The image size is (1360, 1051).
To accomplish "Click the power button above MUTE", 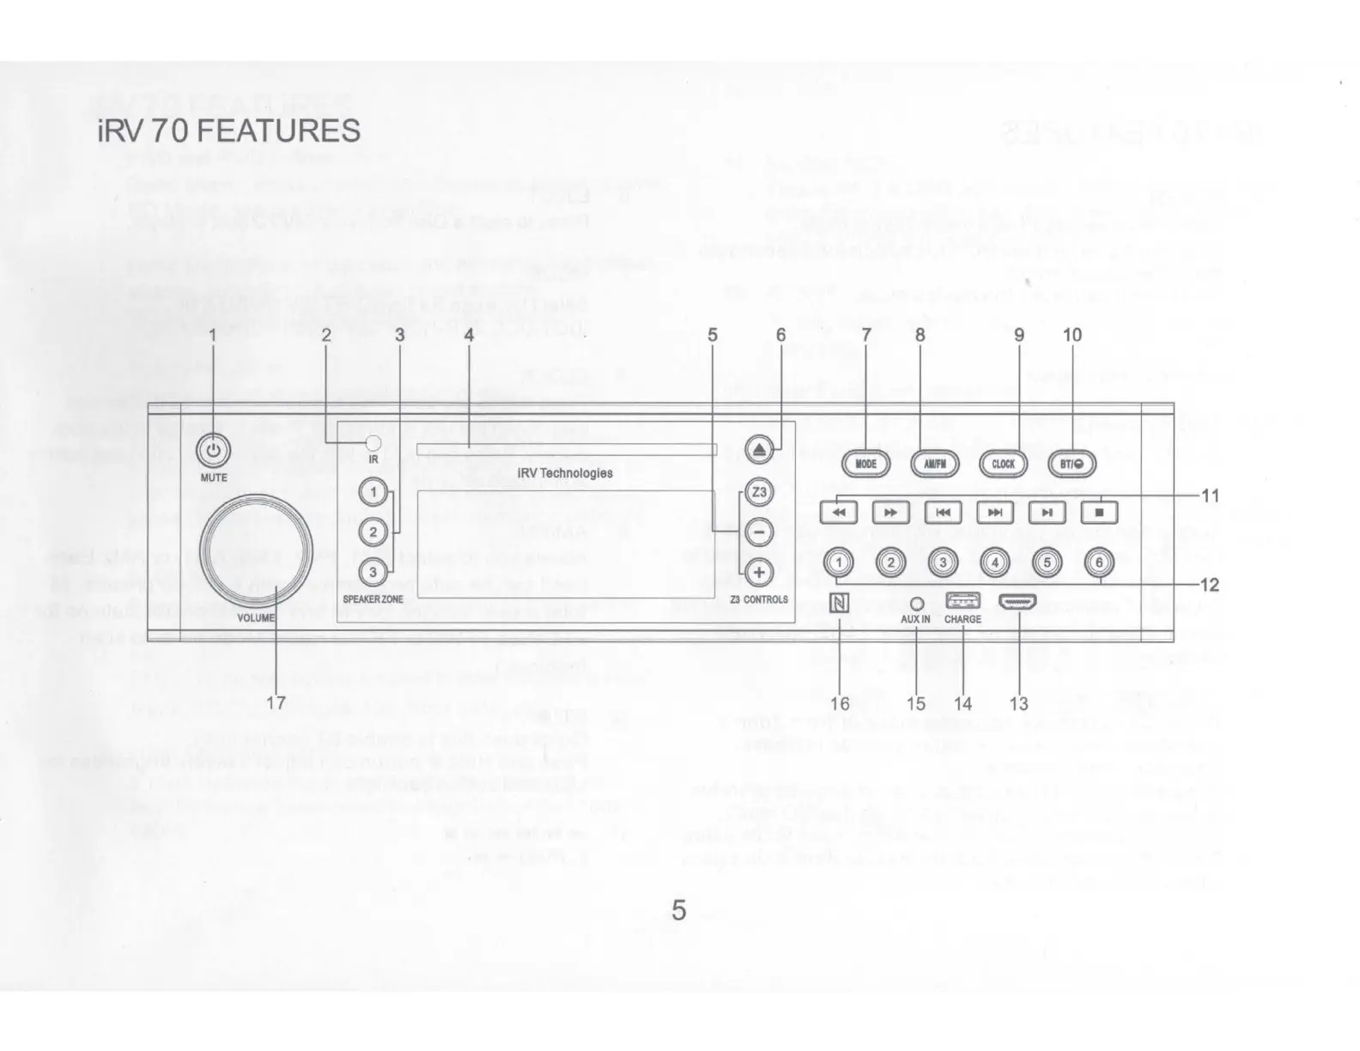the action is (x=214, y=450).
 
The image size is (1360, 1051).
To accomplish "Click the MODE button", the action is (x=865, y=464).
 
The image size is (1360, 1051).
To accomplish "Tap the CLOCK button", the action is (x=1003, y=464).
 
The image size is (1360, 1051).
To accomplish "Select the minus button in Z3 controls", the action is (x=759, y=532).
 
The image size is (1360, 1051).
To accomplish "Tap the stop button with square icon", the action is (x=1099, y=513).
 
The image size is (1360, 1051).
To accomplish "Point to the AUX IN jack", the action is (x=916, y=604).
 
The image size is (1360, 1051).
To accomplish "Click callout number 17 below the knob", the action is (x=276, y=703).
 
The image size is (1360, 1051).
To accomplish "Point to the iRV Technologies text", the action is (x=565, y=473).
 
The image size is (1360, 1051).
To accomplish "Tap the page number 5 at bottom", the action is (x=679, y=910).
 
